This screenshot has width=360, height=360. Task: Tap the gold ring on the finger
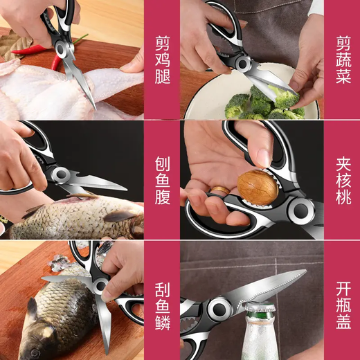point(220,190)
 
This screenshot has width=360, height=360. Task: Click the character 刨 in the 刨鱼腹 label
point(162,158)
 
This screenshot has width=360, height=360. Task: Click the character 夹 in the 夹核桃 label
point(343,158)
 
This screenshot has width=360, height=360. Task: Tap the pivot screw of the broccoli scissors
point(243,64)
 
